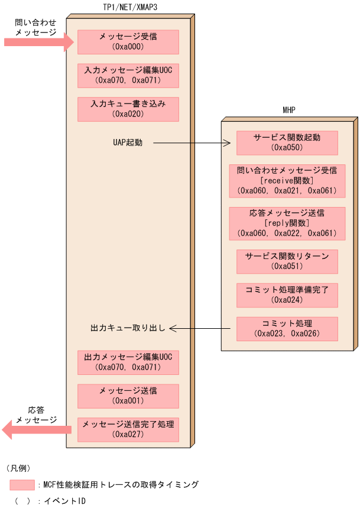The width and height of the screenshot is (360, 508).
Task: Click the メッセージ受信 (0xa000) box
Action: click(128, 42)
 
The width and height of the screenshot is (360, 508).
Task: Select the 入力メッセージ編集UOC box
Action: click(128, 76)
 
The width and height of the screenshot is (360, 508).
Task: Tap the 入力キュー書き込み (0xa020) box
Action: click(128, 109)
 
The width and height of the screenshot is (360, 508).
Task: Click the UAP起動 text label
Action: click(128, 143)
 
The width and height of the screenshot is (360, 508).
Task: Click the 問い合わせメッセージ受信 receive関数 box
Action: click(287, 180)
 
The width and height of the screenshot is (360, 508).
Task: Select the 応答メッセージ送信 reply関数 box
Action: click(287, 223)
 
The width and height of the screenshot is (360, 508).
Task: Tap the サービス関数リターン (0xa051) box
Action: click(287, 261)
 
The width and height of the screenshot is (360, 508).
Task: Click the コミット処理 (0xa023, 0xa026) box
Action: click(287, 329)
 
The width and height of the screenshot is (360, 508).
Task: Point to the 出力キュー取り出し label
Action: click(128, 328)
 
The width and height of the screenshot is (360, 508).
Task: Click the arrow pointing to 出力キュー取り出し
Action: click(201, 328)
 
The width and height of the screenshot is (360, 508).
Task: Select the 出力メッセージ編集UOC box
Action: click(128, 362)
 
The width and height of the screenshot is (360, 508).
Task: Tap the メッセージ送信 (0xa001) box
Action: click(128, 396)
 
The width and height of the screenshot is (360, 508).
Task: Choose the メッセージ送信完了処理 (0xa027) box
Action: click(128, 429)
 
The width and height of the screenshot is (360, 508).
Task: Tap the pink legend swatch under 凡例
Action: click(22, 485)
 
